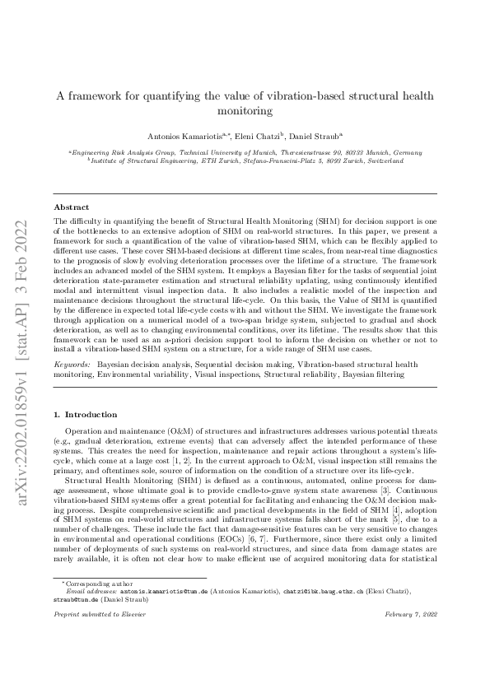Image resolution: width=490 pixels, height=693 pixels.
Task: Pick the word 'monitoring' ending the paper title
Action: click(245, 110)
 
